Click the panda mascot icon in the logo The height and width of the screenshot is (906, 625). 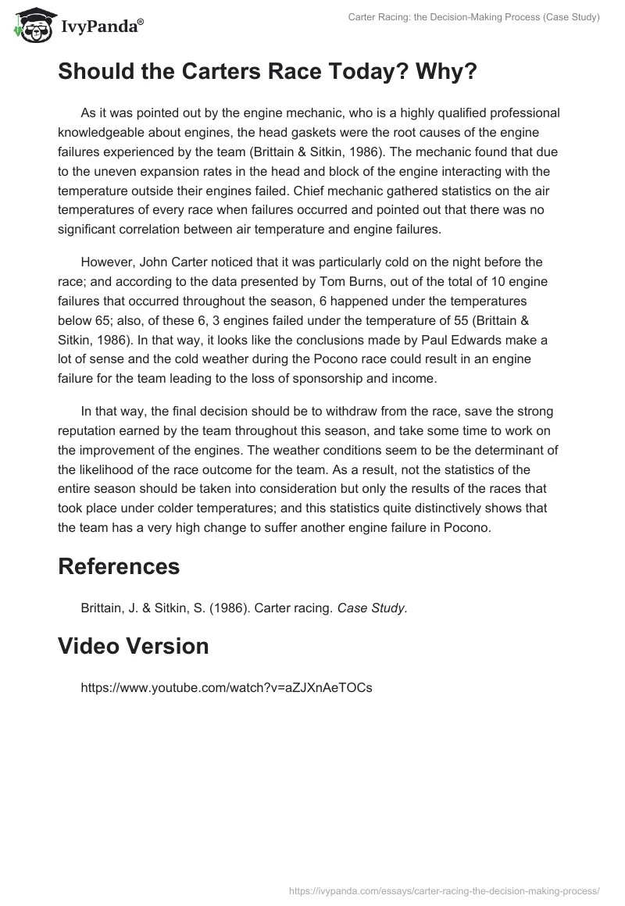click(29, 25)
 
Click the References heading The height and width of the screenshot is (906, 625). click(119, 565)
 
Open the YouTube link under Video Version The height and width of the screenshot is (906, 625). click(227, 688)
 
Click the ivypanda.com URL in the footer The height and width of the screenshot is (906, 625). click(443, 889)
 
